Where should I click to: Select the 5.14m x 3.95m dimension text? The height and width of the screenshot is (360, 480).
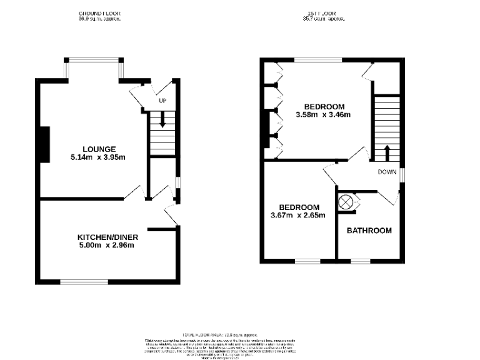98,157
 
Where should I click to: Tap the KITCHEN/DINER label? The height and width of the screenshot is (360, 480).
107,237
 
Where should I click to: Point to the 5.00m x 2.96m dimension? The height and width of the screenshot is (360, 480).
107,246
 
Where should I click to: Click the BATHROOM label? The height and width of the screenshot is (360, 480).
369,231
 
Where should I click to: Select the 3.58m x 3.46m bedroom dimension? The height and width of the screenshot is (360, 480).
322,114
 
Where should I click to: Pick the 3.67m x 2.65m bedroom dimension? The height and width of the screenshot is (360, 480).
299,216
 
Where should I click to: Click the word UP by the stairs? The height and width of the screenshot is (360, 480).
162,101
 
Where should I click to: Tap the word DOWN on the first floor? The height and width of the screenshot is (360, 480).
387,172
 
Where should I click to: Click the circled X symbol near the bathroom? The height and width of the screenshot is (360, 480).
345,202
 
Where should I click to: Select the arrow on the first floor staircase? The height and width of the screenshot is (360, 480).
386,152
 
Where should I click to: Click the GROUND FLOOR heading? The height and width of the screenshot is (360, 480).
100,13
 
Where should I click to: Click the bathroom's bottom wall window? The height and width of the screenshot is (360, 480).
359,261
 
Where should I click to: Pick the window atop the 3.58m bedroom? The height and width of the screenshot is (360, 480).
318,60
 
